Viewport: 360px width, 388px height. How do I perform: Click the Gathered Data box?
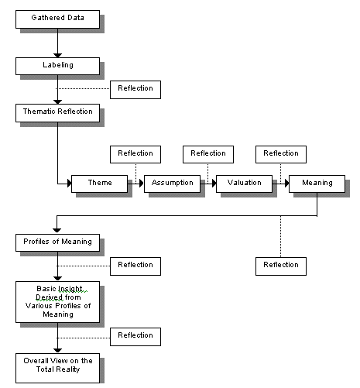pos(57,19)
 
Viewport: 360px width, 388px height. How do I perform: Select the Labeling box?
pos(57,67)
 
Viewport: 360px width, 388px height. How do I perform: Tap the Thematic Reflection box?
pos(57,113)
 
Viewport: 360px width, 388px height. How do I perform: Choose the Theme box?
pos(99,184)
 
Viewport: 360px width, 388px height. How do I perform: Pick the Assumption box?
pos(172,184)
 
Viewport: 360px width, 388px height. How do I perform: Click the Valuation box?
pos(244,184)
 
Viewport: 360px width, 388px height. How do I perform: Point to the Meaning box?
pos(317,184)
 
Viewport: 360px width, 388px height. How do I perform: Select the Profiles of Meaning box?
pos(57,242)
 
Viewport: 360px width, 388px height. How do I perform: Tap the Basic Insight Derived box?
pos(57,302)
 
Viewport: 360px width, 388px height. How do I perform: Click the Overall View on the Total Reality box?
pos(57,368)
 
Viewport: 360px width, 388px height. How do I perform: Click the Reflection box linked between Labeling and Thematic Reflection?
pos(135,90)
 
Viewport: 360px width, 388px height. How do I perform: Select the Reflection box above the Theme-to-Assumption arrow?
pos(135,154)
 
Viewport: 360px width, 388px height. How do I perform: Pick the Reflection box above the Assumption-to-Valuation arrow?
pos(208,154)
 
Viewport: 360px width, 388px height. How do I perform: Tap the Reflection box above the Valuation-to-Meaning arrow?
pos(281,154)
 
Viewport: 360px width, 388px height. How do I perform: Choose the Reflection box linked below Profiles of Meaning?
pos(135,266)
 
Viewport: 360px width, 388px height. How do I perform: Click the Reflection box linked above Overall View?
pos(135,337)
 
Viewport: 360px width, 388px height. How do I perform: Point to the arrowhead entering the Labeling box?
pos(57,56)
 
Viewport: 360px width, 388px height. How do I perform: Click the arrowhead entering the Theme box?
pos(70,184)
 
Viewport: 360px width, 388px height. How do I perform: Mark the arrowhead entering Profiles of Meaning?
pos(57,231)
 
